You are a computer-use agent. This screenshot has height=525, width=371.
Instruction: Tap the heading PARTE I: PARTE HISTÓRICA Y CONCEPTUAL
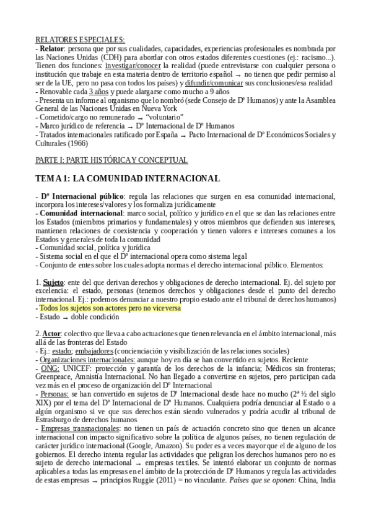point(111,160)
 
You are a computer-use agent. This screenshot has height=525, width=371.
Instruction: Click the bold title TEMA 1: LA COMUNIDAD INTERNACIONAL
point(128,179)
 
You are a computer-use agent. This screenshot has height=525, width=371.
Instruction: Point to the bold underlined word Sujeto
point(54,282)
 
